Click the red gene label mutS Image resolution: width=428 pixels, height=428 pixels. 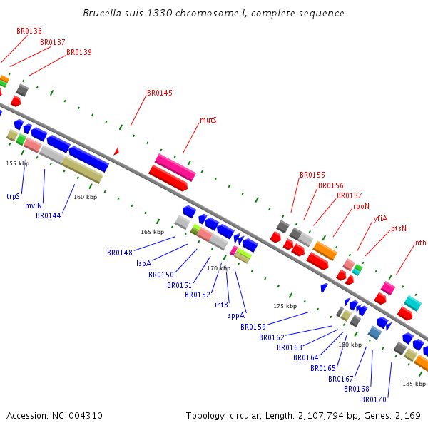(208, 120)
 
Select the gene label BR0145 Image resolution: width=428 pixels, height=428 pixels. (159, 93)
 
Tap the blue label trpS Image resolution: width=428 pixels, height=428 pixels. (13, 195)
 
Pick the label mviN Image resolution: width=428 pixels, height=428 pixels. (33, 205)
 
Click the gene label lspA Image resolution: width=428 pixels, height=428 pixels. (143, 263)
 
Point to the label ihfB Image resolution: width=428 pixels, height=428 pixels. (221, 305)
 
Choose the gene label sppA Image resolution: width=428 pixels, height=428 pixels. (236, 315)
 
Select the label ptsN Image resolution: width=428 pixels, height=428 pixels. (399, 228)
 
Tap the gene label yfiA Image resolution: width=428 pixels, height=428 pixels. (380, 218)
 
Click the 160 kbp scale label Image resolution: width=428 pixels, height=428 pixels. (85, 197)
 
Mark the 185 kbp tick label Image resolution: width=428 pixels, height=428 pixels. (414, 384)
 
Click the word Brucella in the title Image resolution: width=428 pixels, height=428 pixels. (102, 14)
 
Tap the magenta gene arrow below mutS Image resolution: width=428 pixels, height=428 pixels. (175, 167)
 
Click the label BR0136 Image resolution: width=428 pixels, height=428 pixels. (29, 31)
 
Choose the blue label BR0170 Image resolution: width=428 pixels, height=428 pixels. (373, 399)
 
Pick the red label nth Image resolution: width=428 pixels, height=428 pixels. (421, 243)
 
